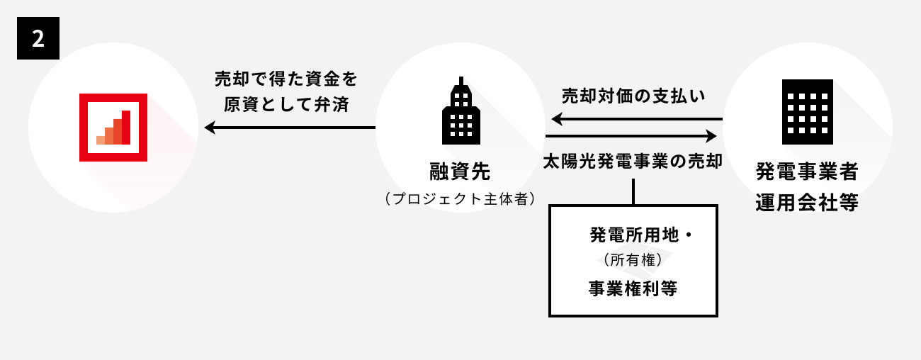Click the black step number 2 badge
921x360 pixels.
tap(38, 38)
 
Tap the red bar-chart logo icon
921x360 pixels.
tap(113, 128)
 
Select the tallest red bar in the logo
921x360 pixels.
tap(125, 127)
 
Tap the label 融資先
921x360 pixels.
tap(460, 171)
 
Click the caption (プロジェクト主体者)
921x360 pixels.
tap(460, 199)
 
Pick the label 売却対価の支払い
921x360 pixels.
tap(633, 95)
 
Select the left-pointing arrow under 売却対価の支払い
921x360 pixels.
tap(633, 119)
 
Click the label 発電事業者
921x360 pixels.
tap(807, 171)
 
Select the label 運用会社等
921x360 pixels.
tap(807, 203)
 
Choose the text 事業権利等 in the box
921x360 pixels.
tap(633, 288)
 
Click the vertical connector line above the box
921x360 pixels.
tap(633, 191)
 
